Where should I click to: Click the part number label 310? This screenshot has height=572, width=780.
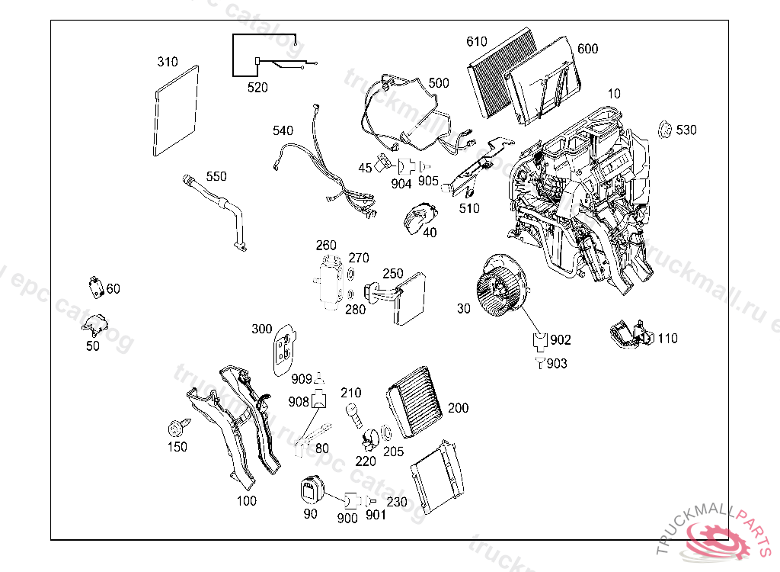tap(168, 62)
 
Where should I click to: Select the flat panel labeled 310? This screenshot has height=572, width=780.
tap(176, 111)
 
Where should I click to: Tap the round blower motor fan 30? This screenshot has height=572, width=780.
tap(499, 290)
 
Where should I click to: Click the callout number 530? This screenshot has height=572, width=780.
tap(686, 130)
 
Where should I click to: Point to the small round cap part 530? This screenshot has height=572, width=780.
tap(664, 130)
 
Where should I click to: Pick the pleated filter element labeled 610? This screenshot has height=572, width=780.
tap(503, 72)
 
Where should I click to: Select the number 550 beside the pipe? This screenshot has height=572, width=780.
tap(216, 177)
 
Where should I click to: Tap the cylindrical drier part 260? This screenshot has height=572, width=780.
tap(332, 282)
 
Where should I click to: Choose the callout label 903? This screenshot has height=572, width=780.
tap(557, 364)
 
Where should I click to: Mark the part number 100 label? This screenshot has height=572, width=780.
tap(246, 501)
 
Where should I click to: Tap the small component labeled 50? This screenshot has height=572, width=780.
tap(94, 324)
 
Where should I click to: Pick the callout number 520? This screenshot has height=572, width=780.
tap(257, 88)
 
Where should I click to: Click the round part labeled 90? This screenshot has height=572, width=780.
tap(311, 489)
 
